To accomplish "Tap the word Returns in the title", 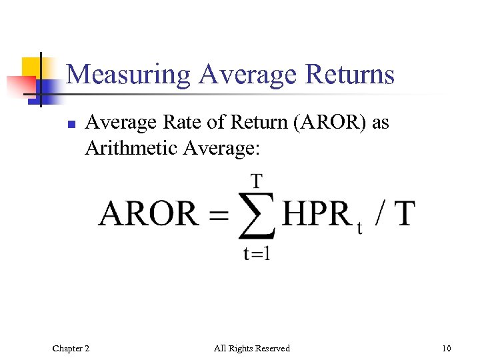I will pyautogui.click(x=350, y=74).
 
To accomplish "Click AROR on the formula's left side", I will pyautogui.click(x=148, y=215).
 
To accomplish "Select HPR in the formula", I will pyautogui.click(x=316, y=215).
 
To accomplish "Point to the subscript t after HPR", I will pyautogui.click(x=360, y=229).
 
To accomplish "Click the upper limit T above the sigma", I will pyautogui.click(x=256, y=180).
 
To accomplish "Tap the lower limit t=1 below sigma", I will pyautogui.click(x=257, y=254).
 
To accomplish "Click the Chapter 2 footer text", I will pyautogui.click(x=71, y=348).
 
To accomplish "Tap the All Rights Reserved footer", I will pyautogui.click(x=252, y=348).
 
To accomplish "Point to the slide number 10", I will pyautogui.click(x=446, y=348).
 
